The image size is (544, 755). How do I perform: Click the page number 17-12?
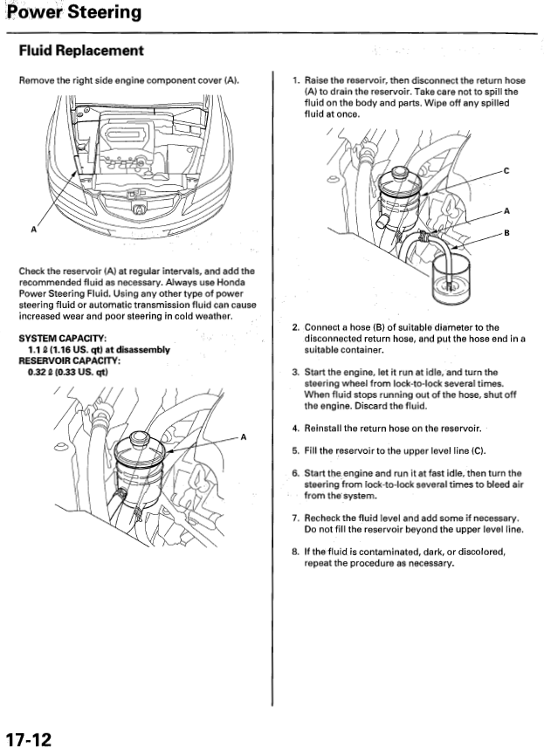pos(28,740)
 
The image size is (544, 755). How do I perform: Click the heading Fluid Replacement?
pos(81,51)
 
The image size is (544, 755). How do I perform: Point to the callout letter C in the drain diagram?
pos(506,172)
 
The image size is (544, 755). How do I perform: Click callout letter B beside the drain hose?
pos(506,234)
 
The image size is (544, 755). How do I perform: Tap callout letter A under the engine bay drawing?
pos(33,230)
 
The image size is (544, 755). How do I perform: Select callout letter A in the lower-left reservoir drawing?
pos(244,436)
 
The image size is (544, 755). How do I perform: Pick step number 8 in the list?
pos(296,552)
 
